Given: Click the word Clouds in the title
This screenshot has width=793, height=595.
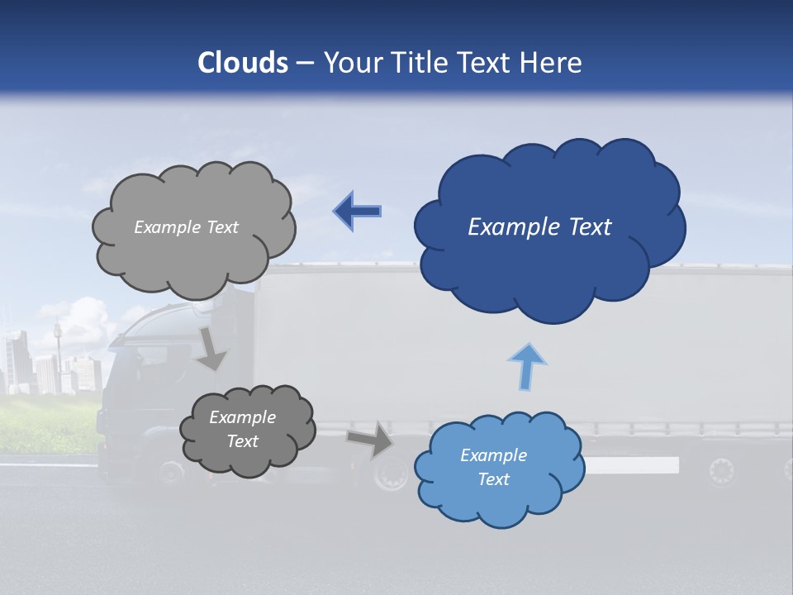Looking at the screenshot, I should pos(243,63).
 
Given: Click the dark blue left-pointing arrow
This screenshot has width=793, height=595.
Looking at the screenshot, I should pos(358,211).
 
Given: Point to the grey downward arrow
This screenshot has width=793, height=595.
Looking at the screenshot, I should pos(211,348).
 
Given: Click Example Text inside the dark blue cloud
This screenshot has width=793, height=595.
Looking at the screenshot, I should pos(539,227).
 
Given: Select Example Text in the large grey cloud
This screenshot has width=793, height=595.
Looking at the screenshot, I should pos(186,227).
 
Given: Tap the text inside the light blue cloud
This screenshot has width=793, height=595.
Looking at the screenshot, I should pos(493,467).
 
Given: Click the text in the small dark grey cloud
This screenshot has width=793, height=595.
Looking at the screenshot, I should pos(242,429).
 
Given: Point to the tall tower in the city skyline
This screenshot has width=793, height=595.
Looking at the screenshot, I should pos(58,347).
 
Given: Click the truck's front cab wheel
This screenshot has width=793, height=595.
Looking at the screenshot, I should pos(171,472).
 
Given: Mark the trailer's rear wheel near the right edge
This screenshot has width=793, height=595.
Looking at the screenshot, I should pos(720,471).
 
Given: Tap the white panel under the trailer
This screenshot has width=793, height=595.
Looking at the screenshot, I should pos(632,465).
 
